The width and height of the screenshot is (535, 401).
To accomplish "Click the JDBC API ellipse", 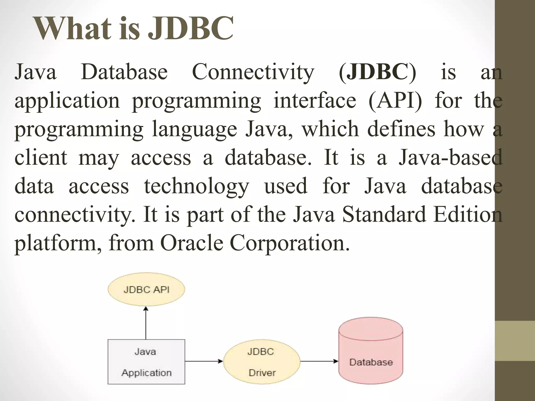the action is coord(146,290).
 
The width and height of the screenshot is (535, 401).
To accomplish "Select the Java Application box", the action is coord(146,362).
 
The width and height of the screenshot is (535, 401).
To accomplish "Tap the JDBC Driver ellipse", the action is coord(261,362).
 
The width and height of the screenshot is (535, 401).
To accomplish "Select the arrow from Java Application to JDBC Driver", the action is coord(204,362).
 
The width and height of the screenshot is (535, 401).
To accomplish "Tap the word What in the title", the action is coord(73,28).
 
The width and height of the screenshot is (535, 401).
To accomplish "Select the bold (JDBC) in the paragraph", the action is coord(377,72).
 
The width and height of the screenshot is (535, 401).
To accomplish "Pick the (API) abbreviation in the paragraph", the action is coord(395,101).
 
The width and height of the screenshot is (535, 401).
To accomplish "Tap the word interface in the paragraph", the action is coord(315,101).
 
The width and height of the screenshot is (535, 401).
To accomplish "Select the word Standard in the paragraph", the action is coord(384,215).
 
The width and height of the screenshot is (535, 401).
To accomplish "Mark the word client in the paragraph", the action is coord(41,158).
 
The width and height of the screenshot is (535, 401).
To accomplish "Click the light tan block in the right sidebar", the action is coord(515,341).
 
